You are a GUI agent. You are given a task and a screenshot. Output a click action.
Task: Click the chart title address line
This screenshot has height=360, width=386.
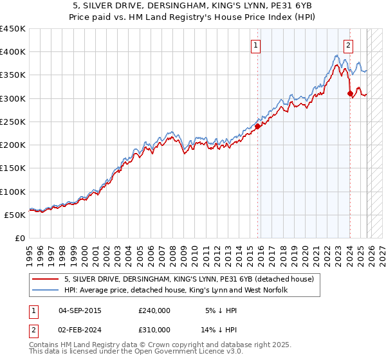pos(193,6)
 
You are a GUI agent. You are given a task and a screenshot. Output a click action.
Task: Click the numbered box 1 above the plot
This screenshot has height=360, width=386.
pos(256,45)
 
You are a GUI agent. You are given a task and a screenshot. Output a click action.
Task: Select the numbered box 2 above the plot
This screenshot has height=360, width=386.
pos(348,45)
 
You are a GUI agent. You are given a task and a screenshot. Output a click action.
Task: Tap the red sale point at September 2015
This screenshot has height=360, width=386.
pos(257,126)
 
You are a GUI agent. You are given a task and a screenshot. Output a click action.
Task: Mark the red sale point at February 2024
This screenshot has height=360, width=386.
pos(350,94)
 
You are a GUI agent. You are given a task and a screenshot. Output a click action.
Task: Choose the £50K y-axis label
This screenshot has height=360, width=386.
pos(15,215)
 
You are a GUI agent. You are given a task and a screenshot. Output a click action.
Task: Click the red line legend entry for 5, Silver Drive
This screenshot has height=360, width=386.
pos(188,280)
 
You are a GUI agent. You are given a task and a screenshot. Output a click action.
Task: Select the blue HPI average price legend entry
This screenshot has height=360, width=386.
pos(175,291)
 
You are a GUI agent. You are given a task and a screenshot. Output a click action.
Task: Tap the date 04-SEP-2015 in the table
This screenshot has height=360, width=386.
pos(80,310)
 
